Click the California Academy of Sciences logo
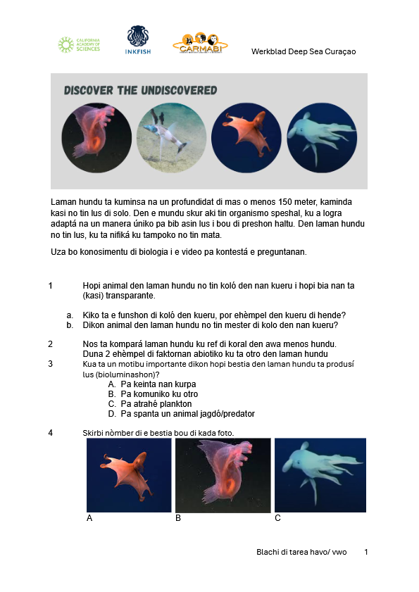coord(79,45)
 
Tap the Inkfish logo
coord(137,40)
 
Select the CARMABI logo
coord(200,43)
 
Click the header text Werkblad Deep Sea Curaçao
coord(304,51)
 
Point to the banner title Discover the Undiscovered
coord(140,91)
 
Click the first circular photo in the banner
coord(96,138)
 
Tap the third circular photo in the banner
coord(246,138)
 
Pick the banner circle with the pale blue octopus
coord(322,138)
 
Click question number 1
coord(51,286)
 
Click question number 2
coord(51,344)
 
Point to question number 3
coord(51,364)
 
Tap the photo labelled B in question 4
coord(223,474)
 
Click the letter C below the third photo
coord(278,518)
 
